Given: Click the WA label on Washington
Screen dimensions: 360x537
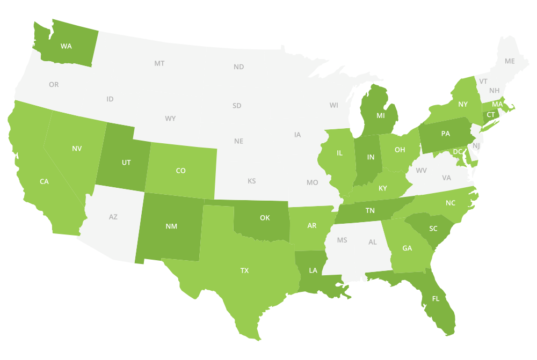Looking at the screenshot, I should (66, 46).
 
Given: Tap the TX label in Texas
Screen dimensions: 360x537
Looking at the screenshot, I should (244, 271).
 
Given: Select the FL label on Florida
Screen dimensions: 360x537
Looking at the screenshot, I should (436, 298).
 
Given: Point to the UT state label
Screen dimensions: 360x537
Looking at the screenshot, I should (126, 162).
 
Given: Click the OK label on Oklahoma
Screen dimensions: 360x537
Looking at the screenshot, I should (265, 218).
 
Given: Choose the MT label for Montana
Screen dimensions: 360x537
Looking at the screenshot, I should (159, 63).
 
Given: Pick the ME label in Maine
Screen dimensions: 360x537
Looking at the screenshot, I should (510, 61).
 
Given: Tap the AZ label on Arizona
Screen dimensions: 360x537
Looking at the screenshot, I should (113, 217).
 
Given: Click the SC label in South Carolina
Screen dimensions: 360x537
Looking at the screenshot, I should (433, 229).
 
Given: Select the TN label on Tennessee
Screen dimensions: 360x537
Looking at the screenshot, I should (370, 211).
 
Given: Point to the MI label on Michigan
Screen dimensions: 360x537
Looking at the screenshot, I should (381, 115).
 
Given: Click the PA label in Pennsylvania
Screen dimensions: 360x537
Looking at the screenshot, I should (446, 134).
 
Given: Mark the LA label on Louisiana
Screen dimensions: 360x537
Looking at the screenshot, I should (312, 270).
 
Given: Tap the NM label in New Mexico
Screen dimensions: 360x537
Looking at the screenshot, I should (171, 226).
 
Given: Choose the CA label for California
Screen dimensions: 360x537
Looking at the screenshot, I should (44, 181).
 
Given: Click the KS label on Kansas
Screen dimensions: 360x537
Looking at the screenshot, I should (251, 181).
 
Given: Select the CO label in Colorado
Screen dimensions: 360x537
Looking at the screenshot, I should (180, 171).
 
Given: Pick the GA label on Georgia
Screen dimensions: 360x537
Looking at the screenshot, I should (408, 248).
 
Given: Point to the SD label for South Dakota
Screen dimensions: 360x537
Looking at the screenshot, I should (237, 106).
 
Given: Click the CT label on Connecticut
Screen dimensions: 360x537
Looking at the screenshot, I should (490, 115).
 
